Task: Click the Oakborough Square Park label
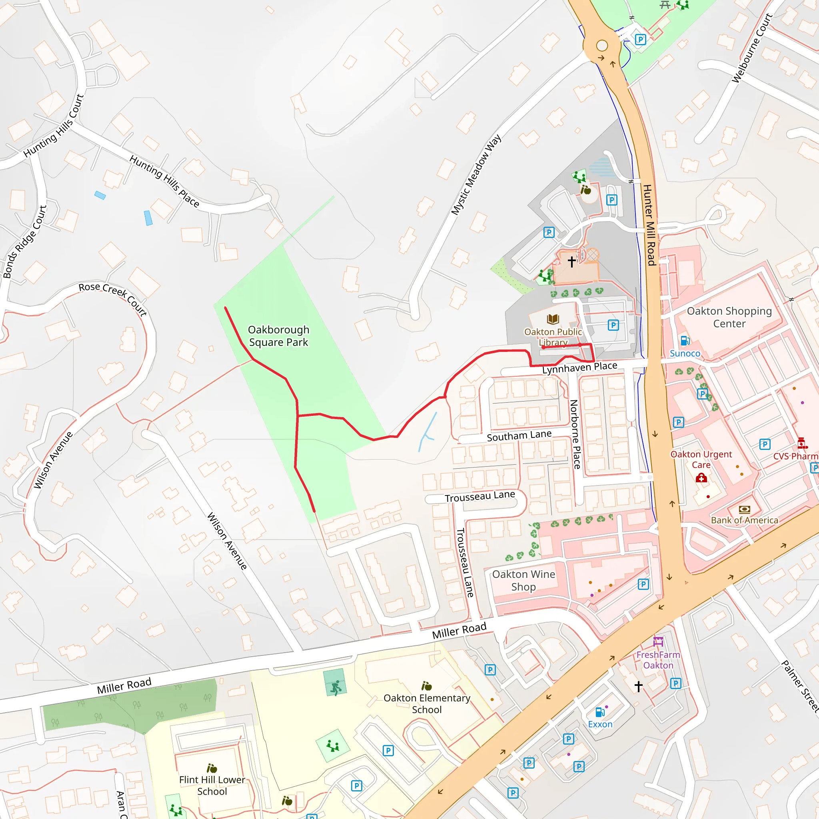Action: click(278, 336)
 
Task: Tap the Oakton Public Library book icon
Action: click(553, 319)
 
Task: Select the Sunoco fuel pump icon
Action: click(685, 340)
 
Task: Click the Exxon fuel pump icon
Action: click(600, 712)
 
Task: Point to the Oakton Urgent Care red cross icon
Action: click(701, 478)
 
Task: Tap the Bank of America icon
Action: click(744, 509)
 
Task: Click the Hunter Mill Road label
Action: click(649, 225)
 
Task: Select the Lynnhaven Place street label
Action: click(579, 368)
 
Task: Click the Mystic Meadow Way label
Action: click(475, 175)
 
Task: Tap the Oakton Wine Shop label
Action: click(523, 580)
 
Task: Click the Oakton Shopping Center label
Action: click(729, 317)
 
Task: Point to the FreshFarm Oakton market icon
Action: click(658, 641)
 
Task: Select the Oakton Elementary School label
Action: click(427, 704)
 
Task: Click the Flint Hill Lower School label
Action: click(212, 785)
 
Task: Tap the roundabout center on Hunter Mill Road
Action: click(602, 45)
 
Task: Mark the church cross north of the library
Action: click(571, 262)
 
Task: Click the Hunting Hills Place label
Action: click(164, 181)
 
